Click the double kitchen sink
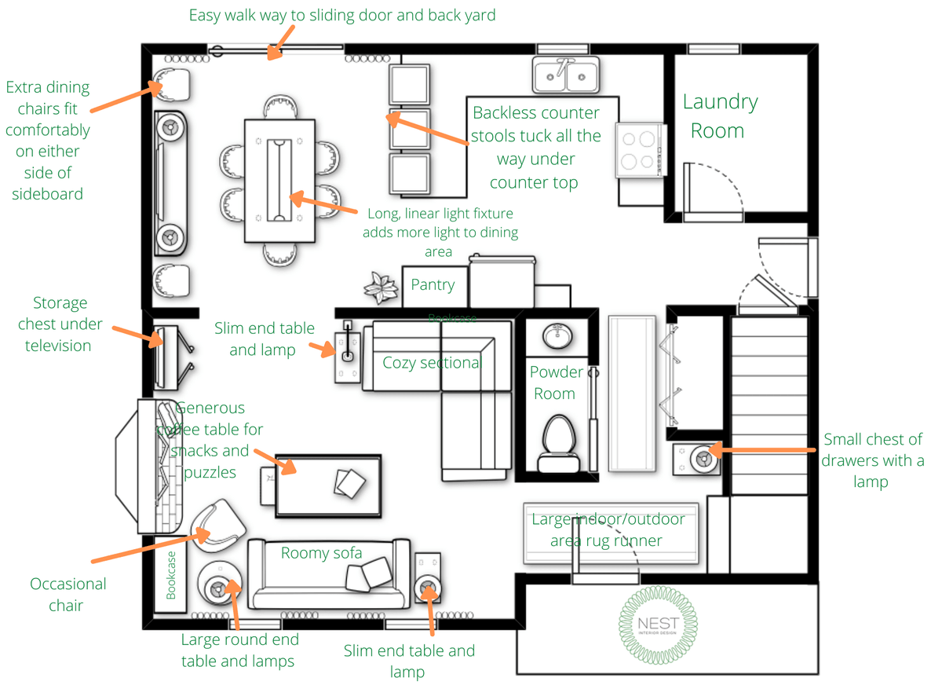click(566, 75)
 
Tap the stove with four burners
click(637, 150)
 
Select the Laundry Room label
click(719, 115)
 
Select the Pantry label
click(433, 285)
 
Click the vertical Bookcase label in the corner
click(171, 574)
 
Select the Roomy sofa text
click(322, 553)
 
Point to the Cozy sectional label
click(431, 362)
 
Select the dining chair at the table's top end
click(280, 108)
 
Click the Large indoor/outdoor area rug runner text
click(608, 530)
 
